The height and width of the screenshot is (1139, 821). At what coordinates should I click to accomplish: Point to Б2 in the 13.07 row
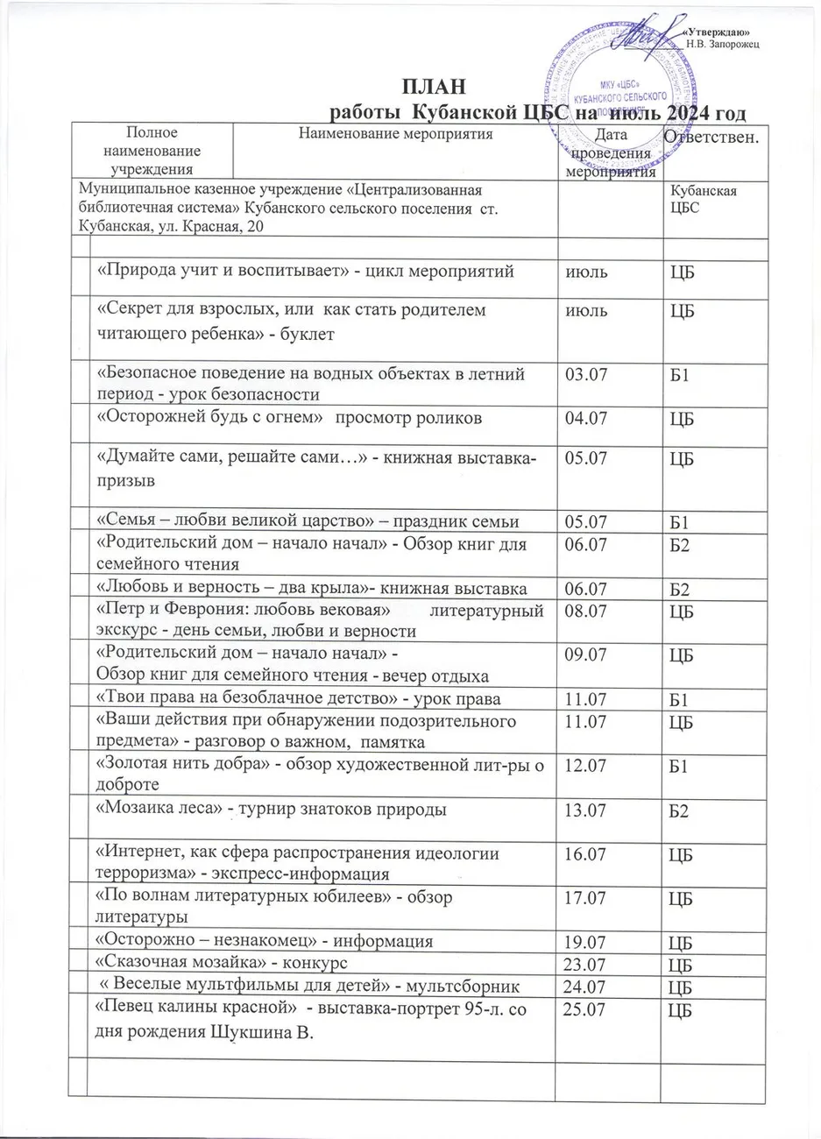pos(679,812)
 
